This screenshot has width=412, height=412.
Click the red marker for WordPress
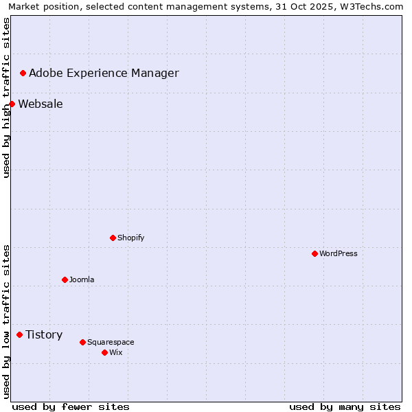tap(314, 253)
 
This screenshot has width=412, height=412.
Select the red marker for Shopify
tap(113, 238)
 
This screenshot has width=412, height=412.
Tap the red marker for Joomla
tap(65, 279)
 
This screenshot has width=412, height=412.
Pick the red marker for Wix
tap(104, 352)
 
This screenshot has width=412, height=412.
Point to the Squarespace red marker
tap(82, 342)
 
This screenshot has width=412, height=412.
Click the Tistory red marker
tap(19, 334)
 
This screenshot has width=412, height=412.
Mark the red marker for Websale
tap(12, 104)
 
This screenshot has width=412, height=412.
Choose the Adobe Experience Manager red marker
tap(23, 73)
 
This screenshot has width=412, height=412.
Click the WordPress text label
tap(339, 253)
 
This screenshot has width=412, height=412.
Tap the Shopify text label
tap(130, 238)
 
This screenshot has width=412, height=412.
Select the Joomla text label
tap(82, 279)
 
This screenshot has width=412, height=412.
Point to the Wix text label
tap(115, 352)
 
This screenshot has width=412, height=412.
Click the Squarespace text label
tap(111, 342)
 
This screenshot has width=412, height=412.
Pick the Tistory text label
tap(44, 334)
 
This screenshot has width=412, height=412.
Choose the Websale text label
tap(41, 104)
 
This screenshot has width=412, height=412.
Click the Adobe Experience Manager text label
tap(104, 73)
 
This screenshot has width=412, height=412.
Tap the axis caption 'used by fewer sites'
tap(71, 407)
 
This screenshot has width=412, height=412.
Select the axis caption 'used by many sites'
tap(345, 407)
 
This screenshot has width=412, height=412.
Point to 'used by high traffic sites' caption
tap(6, 98)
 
